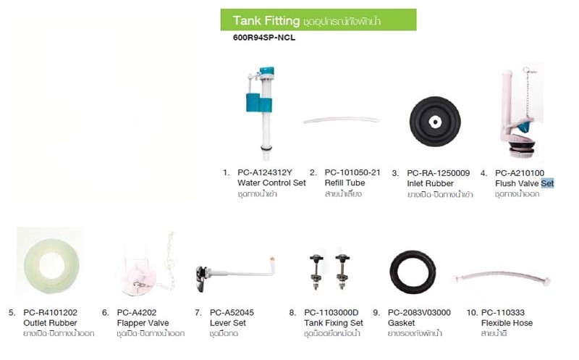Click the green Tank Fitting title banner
point(318,20)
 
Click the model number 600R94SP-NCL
point(264,38)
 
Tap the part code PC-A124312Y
point(265,172)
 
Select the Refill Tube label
point(345,183)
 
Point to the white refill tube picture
point(342,120)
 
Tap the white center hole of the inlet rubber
point(436,122)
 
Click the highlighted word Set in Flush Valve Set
point(547,183)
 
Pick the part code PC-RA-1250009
point(439,173)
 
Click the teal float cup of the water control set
point(259,103)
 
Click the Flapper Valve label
point(143,323)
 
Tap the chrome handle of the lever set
point(201,279)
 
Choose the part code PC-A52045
point(232,313)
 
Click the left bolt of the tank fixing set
point(316,272)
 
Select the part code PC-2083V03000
point(419,313)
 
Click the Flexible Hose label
point(507,323)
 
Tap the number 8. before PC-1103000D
point(292,313)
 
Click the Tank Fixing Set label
point(334,323)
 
